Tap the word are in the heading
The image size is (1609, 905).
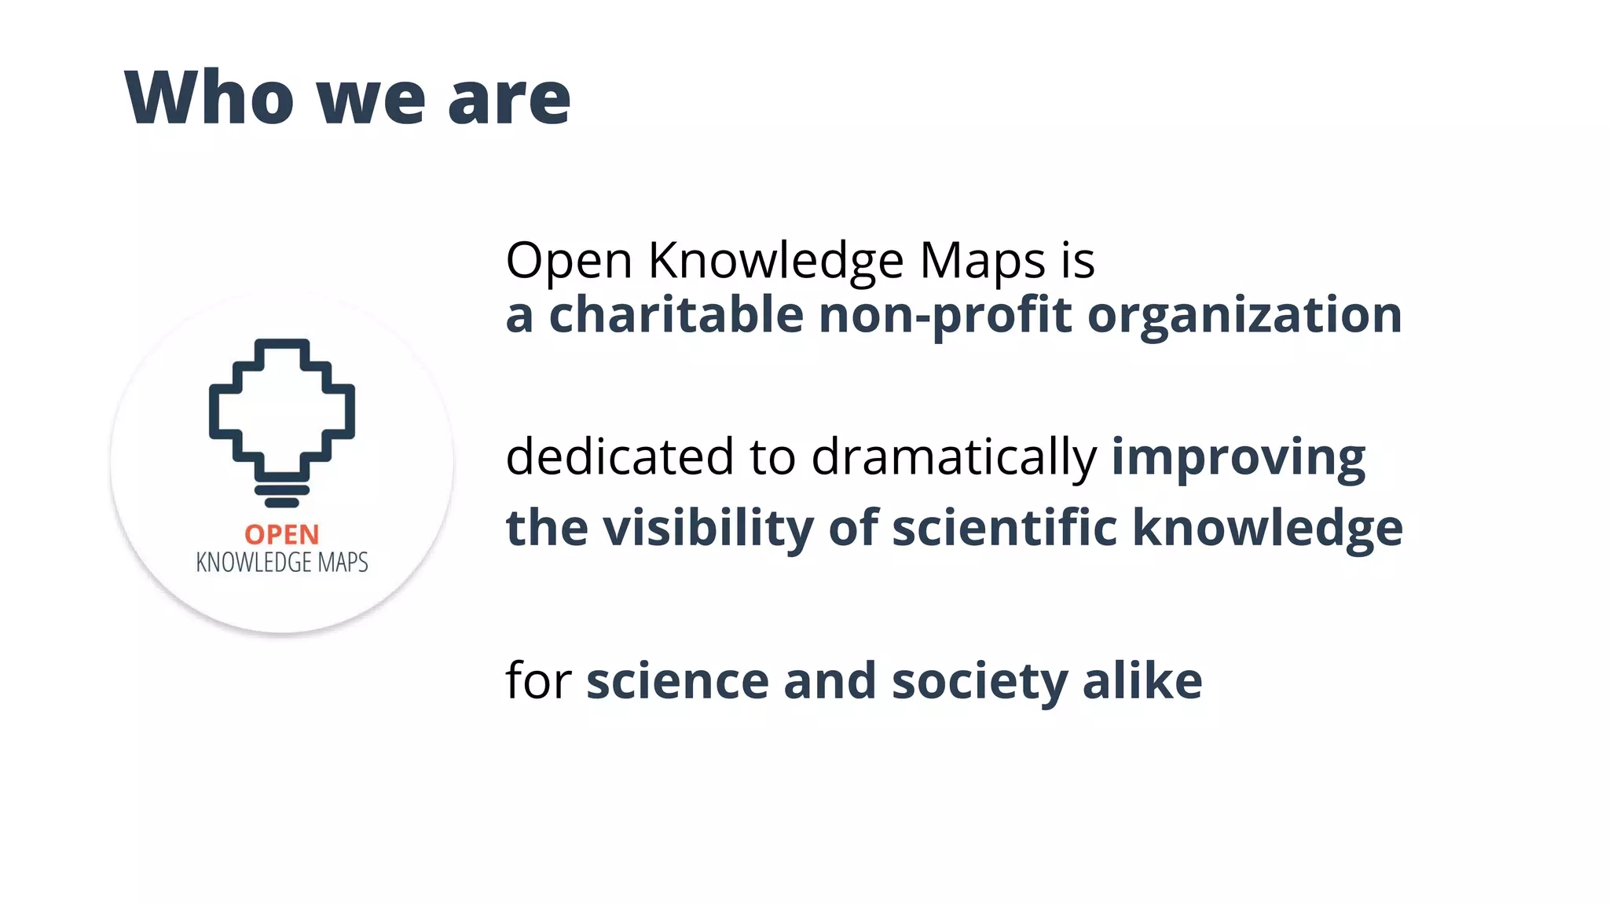[x=509, y=99]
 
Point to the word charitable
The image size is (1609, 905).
[x=676, y=314]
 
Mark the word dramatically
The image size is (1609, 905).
[x=953, y=458]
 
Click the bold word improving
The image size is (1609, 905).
[x=1238, y=458]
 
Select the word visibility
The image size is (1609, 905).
[x=708, y=527]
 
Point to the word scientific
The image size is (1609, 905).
[x=1004, y=527]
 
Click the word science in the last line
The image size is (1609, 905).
[x=677, y=680]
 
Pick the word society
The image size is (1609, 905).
[x=980, y=682]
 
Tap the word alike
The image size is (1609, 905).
[x=1142, y=680]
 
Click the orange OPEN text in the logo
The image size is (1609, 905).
[x=282, y=535]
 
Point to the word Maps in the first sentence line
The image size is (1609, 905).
[x=982, y=262]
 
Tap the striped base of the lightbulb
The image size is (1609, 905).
[x=281, y=495]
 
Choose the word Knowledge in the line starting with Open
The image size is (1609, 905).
[x=775, y=262]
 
